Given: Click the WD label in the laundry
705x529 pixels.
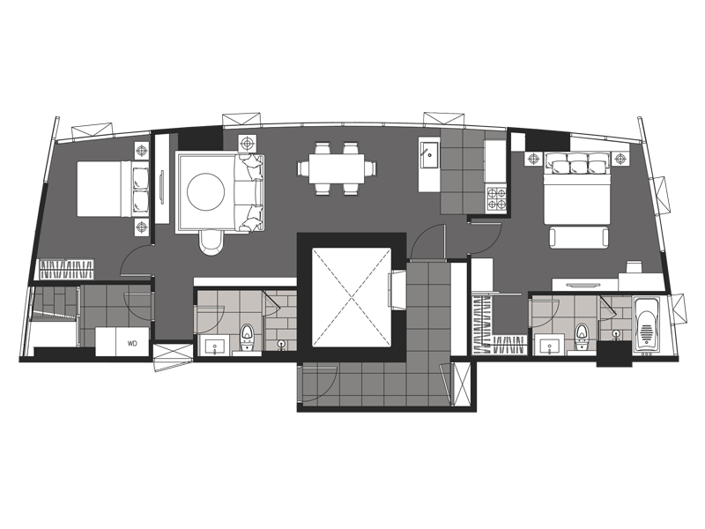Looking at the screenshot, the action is (132, 344).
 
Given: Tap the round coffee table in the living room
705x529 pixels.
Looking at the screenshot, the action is (206, 192).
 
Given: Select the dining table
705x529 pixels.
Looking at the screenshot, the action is (337, 168).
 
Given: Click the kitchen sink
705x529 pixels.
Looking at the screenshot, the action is (430, 155).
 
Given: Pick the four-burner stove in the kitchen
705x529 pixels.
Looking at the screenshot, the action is (496, 199).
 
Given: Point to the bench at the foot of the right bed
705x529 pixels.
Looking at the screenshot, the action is (579, 237).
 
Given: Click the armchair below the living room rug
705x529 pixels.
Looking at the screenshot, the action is (211, 242).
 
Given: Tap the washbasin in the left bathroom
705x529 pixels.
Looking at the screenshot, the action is (215, 346).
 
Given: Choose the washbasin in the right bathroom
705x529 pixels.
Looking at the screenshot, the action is (549, 346).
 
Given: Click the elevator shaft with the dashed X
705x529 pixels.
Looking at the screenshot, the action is (351, 297).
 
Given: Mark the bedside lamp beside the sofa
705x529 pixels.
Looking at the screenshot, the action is (247, 144).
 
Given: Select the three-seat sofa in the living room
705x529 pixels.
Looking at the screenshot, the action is (249, 193).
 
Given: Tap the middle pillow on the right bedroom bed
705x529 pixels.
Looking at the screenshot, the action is (578, 168).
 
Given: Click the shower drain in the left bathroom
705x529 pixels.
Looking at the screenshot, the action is (281, 344).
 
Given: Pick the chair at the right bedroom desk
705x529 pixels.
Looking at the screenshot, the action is (634, 267).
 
